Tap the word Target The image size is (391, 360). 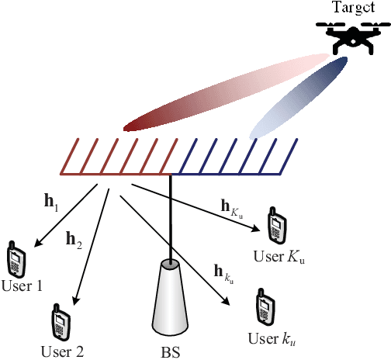(353, 7)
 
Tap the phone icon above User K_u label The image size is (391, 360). (275, 225)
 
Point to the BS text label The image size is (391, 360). (171, 350)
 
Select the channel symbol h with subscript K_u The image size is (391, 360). (237, 207)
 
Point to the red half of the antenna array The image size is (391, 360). (116, 156)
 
